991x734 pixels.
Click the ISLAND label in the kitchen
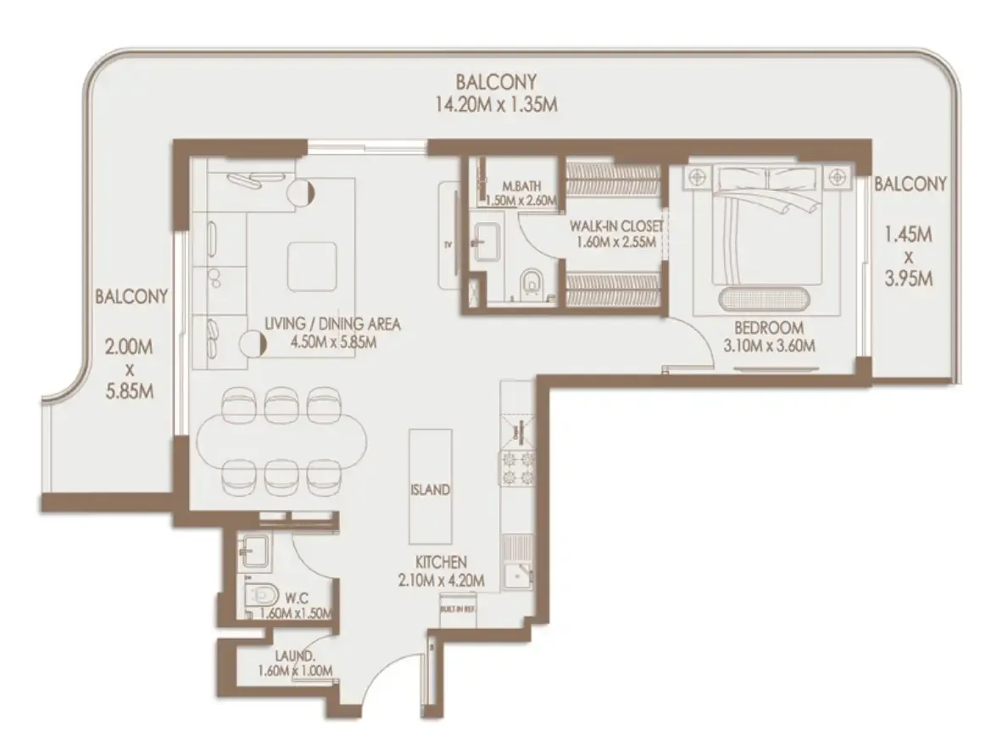point(429,490)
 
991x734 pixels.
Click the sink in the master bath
point(487,240)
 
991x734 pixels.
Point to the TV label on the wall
point(447,245)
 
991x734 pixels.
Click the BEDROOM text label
point(768,328)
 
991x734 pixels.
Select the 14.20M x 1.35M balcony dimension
point(496,104)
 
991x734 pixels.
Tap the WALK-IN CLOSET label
point(604,226)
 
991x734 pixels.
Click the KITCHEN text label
point(441,562)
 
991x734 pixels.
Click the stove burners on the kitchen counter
point(517,469)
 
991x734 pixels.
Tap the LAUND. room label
point(295,655)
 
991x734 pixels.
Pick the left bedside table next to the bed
point(699,176)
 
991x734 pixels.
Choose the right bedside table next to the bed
point(838,176)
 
